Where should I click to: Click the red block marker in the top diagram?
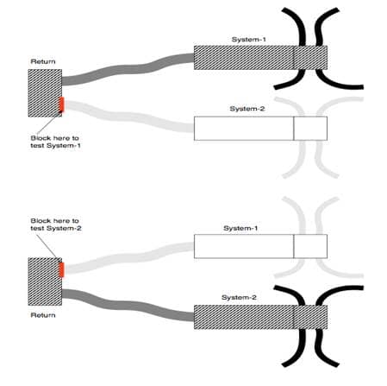[61, 106]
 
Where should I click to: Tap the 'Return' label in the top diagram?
[42, 62]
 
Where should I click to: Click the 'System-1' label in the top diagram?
[250, 40]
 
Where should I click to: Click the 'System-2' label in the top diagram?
[249, 110]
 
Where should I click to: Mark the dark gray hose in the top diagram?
[129, 68]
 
